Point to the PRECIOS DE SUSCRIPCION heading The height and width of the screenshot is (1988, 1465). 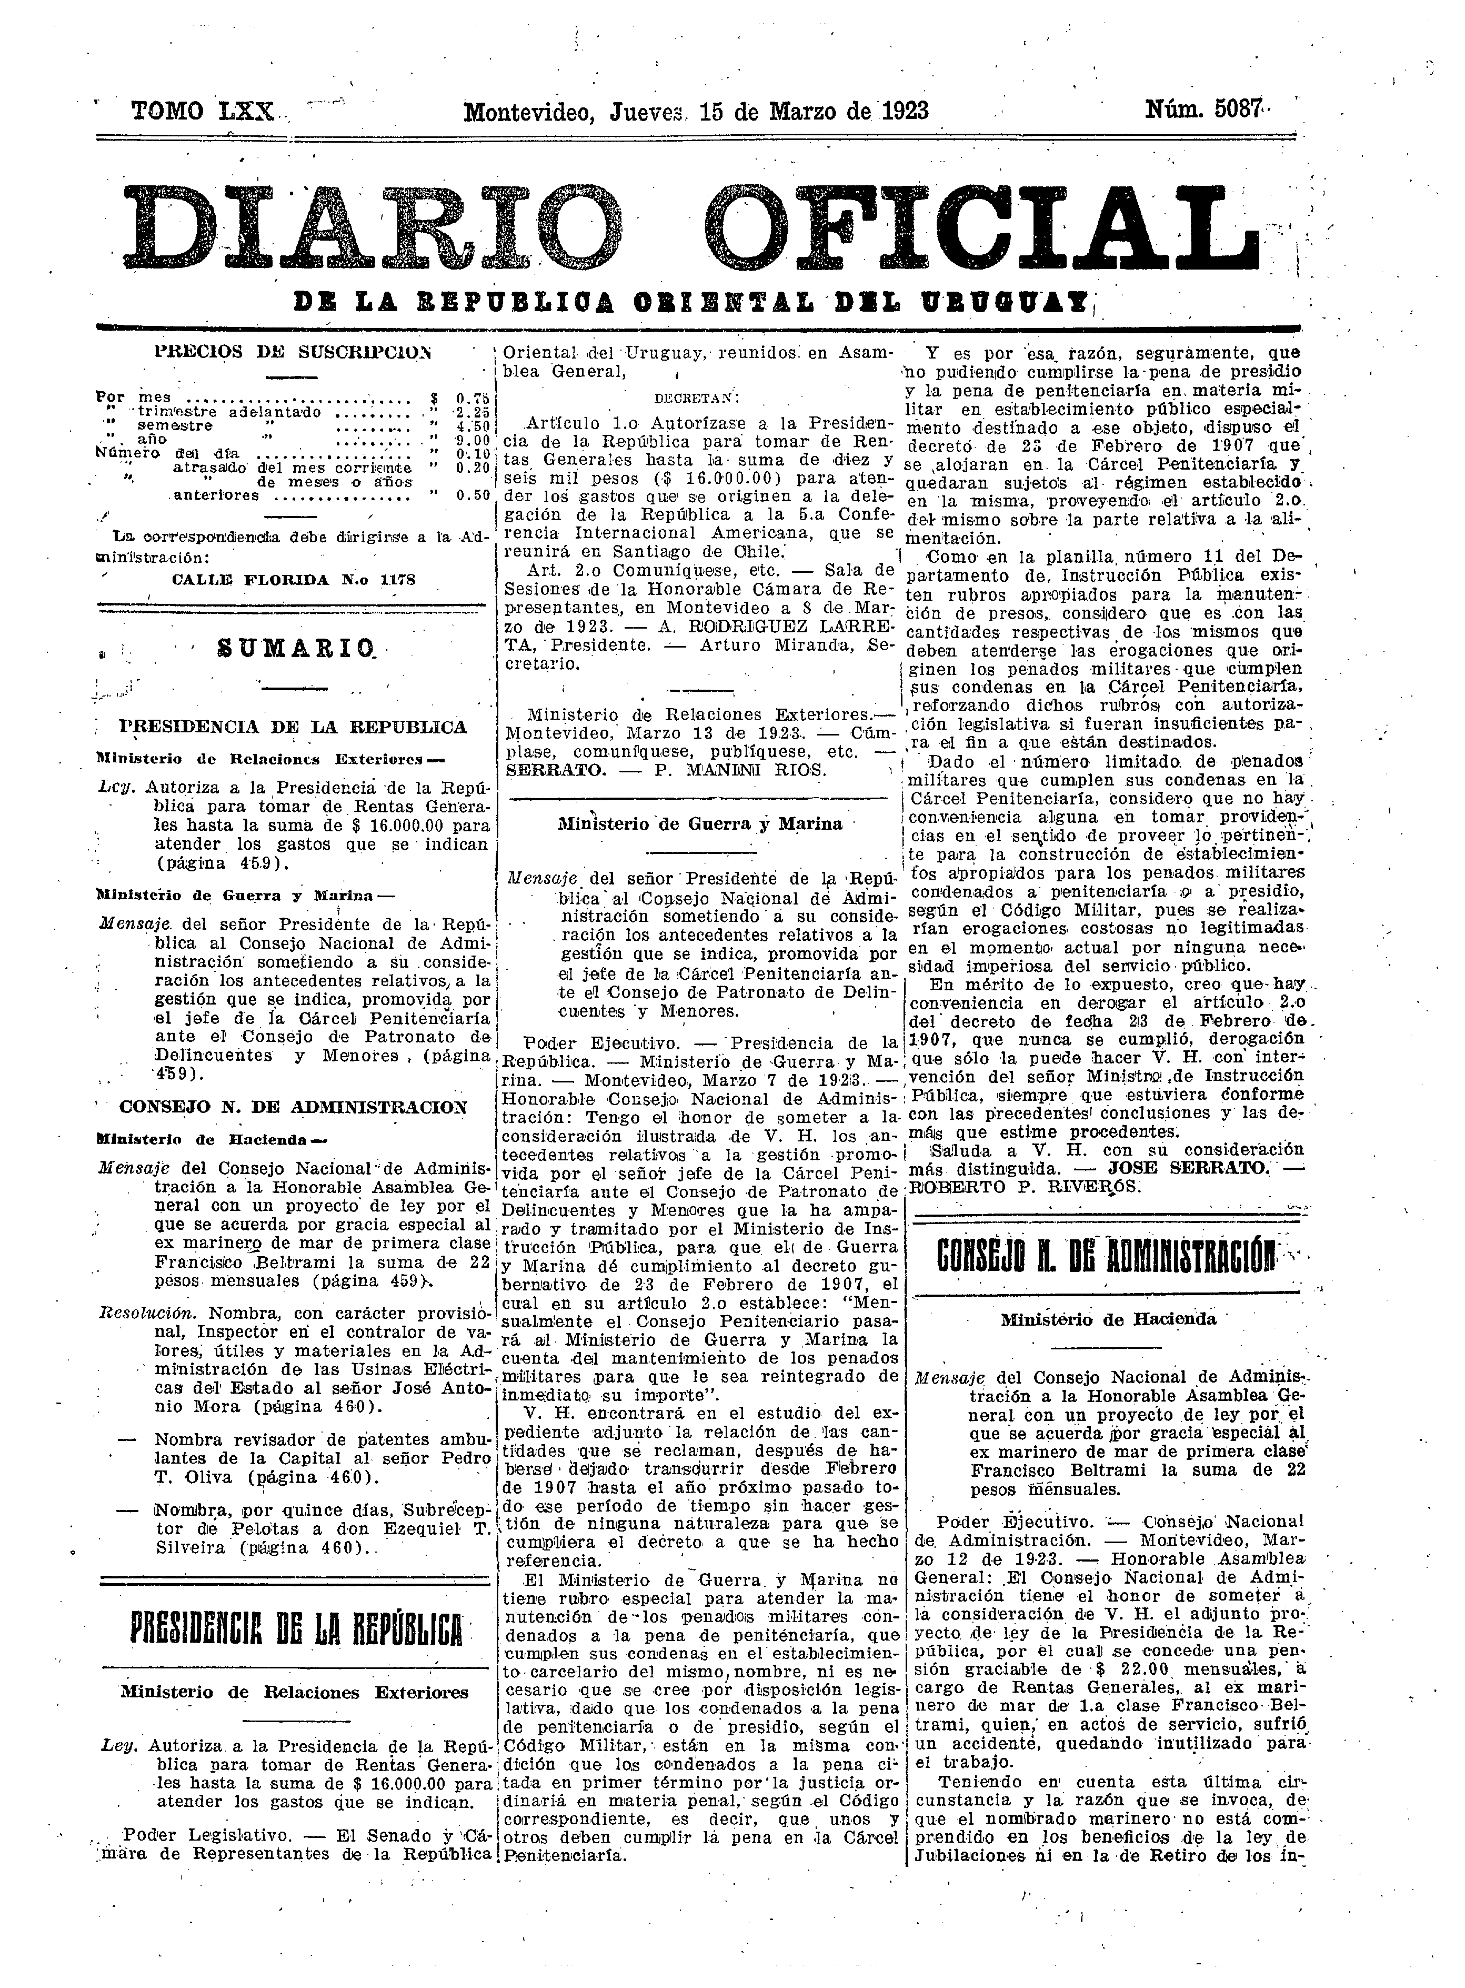pyautogui.click(x=292, y=351)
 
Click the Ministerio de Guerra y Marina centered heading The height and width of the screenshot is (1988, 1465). pyautogui.click(x=700, y=823)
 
